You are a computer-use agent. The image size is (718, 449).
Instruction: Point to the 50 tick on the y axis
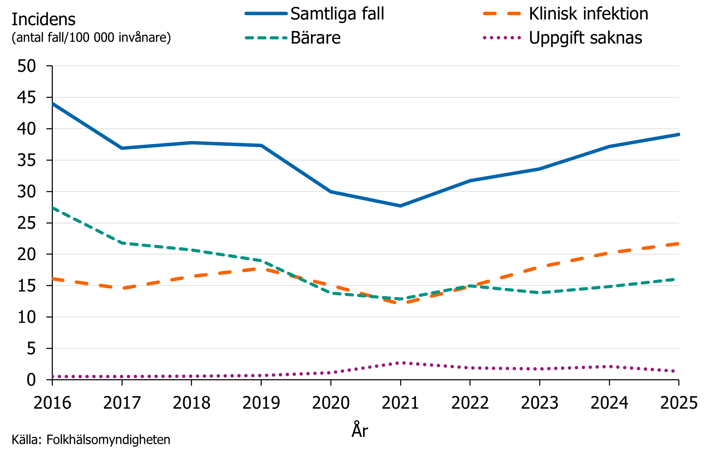pyautogui.click(x=27, y=66)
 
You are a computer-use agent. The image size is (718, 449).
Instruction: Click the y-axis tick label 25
pyautogui.click(x=27, y=223)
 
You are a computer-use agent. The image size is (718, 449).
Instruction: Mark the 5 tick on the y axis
pyautogui.click(x=31, y=348)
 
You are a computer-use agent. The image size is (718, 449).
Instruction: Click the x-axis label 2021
pyautogui.click(x=400, y=403)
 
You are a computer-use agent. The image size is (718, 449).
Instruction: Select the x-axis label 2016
pyautogui.click(x=52, y=403)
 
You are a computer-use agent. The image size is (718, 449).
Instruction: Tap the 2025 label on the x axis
pyautogui.click(x=679, y=403)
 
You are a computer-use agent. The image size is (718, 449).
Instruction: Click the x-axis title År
pyautogui.click(x=360, y=430)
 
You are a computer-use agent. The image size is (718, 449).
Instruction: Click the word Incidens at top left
pyautogui.click(x=43, y=19)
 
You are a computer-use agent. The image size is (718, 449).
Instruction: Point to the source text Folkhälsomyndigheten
pyautogui.click(x=108, y=440)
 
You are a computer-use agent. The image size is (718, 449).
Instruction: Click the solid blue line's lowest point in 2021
pyautogui.click(x=400, y=206)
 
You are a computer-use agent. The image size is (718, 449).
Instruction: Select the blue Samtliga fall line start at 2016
pyautogui.click(x=53, y=103)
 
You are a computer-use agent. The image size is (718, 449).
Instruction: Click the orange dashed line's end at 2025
pyautogui.click(x=678, y=244)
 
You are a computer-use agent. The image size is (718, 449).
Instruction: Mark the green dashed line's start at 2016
pyautogui.click(x=53, y=208)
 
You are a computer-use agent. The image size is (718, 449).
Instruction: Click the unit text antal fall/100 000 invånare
pyautogui.click(x=91, y=37)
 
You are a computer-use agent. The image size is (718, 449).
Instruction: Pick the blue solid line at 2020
pyautogui.click(x=331, y=191)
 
